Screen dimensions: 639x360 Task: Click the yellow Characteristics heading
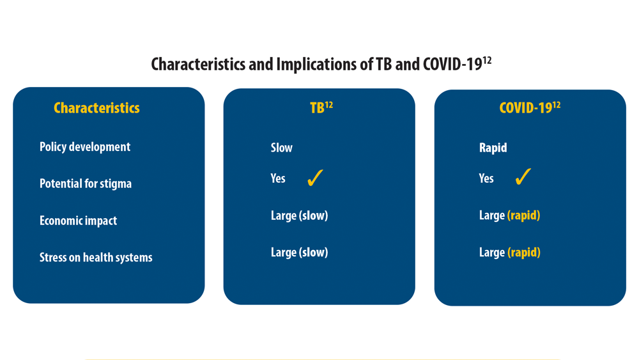(96, 108)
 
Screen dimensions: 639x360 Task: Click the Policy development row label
(85, 147)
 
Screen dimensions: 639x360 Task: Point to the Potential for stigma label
(86, 184)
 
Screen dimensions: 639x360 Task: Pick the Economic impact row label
(78, 221)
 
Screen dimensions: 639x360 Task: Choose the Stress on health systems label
(96, 257)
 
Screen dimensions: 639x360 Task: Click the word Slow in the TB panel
(282, 148)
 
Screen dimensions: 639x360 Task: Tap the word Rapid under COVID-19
(493, 148)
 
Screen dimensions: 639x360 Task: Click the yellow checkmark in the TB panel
(315, 178)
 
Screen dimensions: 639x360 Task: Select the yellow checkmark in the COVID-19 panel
(523, 176)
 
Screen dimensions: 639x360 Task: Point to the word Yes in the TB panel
(278, 178)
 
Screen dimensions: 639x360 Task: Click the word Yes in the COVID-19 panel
(486, 178)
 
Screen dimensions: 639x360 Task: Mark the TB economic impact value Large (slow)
(300, 215)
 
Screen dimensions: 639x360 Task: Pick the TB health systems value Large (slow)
(300, 253)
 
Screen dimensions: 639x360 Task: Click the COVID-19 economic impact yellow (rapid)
(524, 215)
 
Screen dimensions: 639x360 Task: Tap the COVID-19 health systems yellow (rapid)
(524, 253)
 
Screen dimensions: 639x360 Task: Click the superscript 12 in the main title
(487, 61)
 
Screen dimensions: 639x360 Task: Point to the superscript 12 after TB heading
(329, 106)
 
